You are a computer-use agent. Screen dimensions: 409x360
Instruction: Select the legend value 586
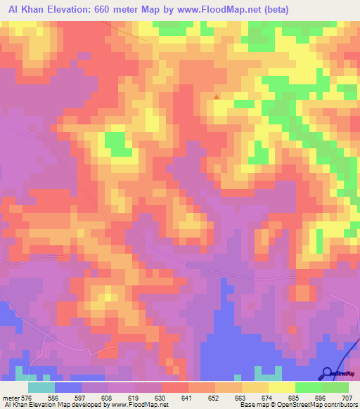click(68, 397)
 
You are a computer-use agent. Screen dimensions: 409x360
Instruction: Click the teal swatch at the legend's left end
click(41, 387)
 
